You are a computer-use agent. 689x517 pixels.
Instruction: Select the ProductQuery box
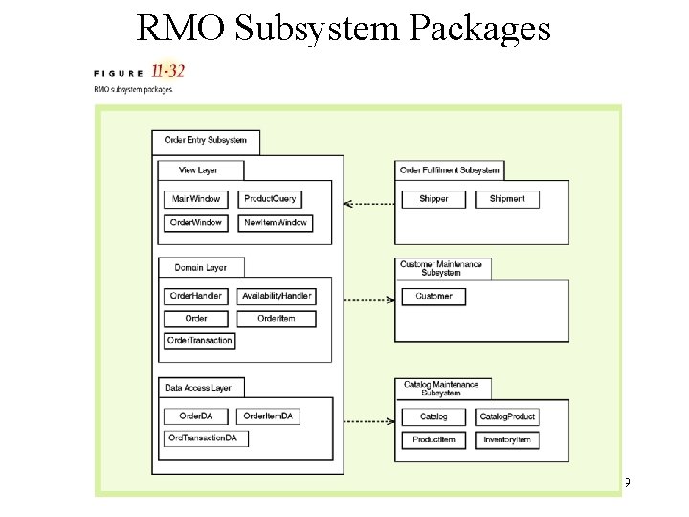coord(271,199)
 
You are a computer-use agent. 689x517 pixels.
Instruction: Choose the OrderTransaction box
coord(198,340)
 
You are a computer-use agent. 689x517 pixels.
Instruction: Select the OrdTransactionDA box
coord(206,438)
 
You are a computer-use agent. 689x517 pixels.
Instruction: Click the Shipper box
coord(433,199)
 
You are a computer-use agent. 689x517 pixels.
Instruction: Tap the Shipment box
coord(507,199)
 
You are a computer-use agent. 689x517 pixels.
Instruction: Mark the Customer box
coord(433,297)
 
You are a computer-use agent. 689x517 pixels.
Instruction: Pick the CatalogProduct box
coord(507,416)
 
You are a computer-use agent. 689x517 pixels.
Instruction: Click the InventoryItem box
coord(507,439)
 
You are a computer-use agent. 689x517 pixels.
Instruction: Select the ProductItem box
coord(433,439)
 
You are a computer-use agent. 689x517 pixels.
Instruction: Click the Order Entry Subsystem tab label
coord(205,140)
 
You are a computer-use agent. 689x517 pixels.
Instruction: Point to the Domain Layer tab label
coord(201,267)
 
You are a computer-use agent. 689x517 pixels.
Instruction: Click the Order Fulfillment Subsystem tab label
coord(449,170)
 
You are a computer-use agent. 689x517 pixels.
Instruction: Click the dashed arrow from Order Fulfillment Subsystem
coord(368,204)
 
